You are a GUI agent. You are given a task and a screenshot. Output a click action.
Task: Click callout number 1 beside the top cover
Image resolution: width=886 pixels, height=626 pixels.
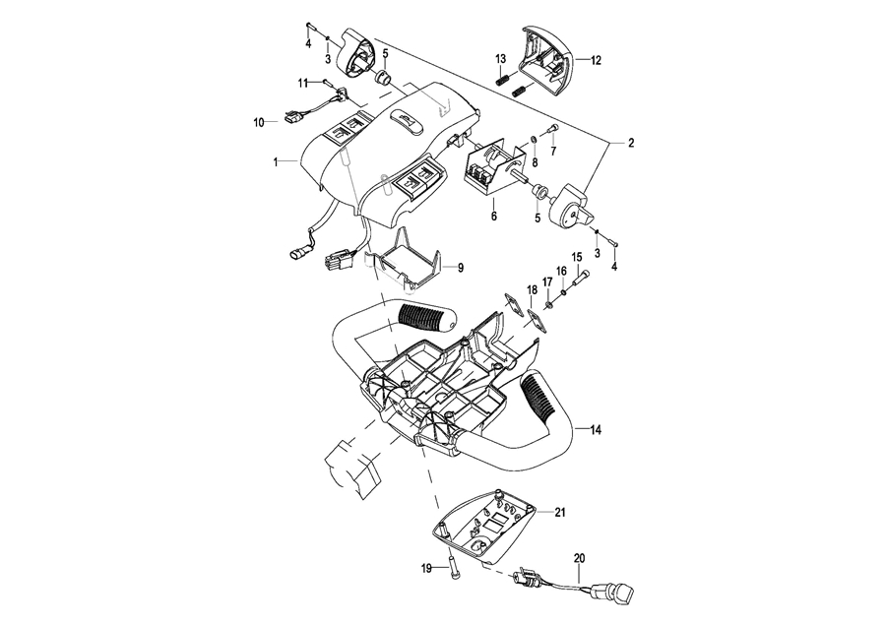coord(276,162)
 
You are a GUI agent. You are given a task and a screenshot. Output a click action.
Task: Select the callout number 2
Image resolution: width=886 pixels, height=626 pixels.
coord(631,143)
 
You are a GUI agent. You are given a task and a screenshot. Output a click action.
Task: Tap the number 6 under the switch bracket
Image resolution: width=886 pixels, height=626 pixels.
coord(494,217)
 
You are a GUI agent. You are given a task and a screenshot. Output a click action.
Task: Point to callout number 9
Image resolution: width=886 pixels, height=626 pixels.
coord(461,268)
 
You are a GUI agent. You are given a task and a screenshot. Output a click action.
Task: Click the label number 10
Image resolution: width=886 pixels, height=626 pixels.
coord(259,122)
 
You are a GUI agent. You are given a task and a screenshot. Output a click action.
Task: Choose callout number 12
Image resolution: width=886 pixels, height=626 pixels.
coord(597,60)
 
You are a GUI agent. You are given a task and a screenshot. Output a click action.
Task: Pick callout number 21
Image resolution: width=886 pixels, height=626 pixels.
coord(560,513)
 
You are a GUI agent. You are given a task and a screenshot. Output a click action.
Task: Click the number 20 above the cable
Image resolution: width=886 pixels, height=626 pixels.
coord(579,558)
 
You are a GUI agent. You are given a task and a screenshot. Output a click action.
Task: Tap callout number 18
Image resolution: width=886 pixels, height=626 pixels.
coord(533,290)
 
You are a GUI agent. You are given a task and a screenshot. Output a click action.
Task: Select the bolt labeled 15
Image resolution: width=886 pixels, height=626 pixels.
coord(583,278)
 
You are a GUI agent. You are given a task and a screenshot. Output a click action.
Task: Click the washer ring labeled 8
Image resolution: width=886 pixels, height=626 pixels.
coord(534,139)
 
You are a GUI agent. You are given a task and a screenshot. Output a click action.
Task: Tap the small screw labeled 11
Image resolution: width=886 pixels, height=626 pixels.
coord(327,82)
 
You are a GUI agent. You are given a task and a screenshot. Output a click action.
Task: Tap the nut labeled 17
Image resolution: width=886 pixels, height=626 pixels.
coord(548,306)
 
